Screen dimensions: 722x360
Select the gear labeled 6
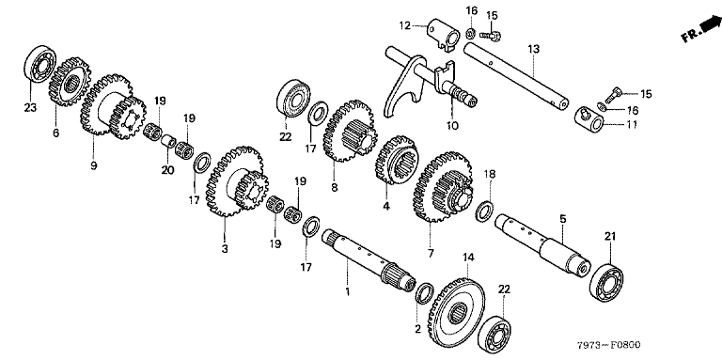[69, 84]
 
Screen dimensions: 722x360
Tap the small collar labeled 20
[169, 141]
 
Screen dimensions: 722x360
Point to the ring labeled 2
[425, 292]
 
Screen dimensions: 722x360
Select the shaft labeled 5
[542, 243]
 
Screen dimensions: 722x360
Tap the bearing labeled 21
[607, 284]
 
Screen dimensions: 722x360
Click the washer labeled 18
[486, 211]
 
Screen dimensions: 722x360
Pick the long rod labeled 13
[516, 76]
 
